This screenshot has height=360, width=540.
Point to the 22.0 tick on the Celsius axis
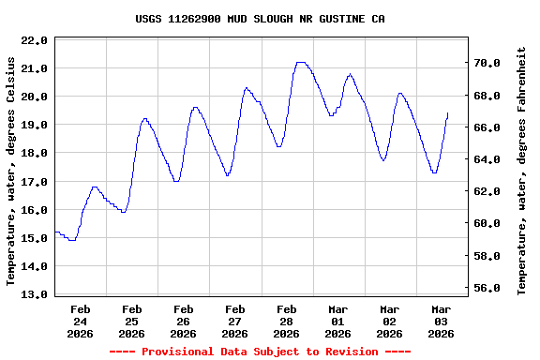[34, 40]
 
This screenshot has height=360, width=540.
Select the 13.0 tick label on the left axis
[34, 294]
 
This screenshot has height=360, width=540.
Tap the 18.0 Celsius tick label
[34, 153]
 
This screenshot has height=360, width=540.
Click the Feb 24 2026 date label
[81, 321]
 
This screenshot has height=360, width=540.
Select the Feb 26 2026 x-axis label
[184, 321]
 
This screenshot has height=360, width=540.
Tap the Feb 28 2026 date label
[287, 321]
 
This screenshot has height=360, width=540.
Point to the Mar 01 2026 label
[338, 321]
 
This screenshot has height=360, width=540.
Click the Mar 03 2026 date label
[441, 321]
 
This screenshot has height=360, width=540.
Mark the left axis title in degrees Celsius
[11, 171]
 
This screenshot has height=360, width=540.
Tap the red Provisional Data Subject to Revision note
[260, 352]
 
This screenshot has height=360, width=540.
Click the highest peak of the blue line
[300, 63]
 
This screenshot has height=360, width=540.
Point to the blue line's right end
[448, 113]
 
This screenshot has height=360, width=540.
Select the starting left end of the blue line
[55, 232]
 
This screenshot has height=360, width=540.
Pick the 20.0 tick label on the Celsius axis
[34, 97]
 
